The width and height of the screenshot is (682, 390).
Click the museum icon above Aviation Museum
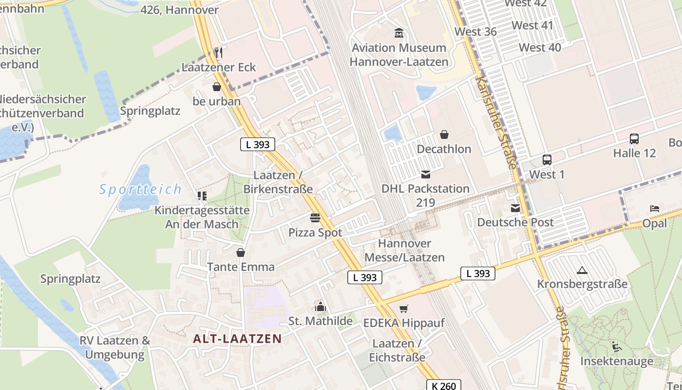pos(399,33)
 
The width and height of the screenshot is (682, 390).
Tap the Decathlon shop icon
pos(444,135)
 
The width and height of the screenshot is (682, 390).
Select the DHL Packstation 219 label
pos(425,195)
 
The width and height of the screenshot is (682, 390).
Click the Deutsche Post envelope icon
pos(515,209)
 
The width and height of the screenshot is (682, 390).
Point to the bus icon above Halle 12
pos(634,139)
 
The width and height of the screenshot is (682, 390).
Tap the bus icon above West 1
pos(547,160)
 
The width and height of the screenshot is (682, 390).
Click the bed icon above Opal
pos(654,209)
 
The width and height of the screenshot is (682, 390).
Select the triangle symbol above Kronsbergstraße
pos(582,270)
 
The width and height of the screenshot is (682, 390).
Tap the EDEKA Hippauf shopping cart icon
pos(403,309)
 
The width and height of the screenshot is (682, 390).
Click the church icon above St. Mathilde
pos(320,307)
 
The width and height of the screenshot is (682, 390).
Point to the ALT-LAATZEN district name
pos(237,338)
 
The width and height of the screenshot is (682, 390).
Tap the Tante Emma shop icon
pos(240,253)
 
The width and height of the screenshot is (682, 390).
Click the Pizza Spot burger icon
pos(315,218)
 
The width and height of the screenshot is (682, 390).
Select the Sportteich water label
pos(140,189)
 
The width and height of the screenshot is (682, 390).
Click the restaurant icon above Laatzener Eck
pos(219,53)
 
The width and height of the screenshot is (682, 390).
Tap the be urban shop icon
pos(216,87)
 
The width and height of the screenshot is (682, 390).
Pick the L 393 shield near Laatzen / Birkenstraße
pos(258,144)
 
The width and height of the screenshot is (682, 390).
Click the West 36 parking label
pos(475,32)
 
